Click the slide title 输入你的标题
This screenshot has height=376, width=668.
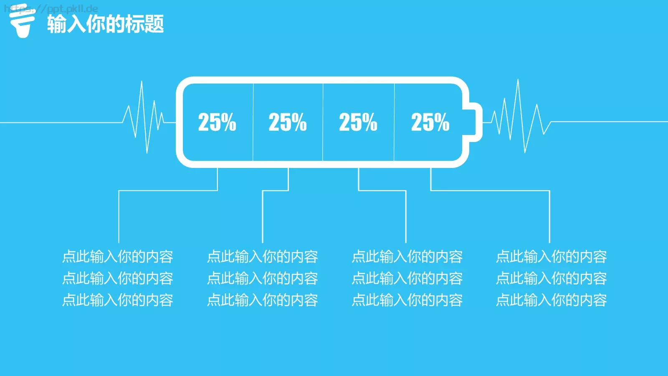[106, 24]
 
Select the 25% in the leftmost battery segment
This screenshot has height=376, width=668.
[217, 122]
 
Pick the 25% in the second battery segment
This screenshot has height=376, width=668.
[288, 122]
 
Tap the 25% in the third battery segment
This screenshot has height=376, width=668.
[358, 122]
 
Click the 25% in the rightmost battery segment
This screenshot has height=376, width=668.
[430, 122]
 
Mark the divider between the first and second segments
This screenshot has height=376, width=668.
[253, 122]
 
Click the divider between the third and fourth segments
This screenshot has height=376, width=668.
[394, 122]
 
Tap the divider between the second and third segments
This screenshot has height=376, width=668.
[323, 122]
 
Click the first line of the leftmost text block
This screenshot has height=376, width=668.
[117, 257]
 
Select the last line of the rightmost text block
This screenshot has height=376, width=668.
[551, 300]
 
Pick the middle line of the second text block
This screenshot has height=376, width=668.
[263, 278]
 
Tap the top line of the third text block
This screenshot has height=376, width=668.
[407, 257]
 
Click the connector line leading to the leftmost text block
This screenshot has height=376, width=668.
[168, 190]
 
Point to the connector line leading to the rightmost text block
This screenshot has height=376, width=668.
[490, 190]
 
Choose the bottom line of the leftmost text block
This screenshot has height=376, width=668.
[117, 300]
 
